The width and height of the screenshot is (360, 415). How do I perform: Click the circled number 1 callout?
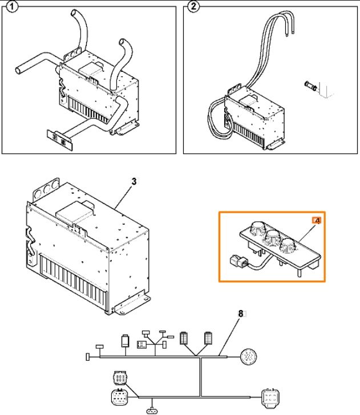tap(11, 6)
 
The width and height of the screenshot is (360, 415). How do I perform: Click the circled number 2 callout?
tap(193, 6)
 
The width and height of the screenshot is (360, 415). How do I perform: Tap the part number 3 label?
tap(134, 181)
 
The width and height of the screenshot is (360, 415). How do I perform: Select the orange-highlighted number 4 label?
tap(317, 220)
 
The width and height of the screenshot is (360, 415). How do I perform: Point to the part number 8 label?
tap(241, 314)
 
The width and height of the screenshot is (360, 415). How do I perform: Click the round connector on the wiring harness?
tap(248, 357)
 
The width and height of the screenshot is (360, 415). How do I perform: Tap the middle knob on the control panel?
tap(272, 237)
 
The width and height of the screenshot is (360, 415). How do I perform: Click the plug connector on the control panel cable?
tap(239, 262)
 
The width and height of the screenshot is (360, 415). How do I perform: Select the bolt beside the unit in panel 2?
tap(311, 86)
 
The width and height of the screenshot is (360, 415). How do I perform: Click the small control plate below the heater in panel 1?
tap(59, 140)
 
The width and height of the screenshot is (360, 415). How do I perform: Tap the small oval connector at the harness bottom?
tap(152, 411)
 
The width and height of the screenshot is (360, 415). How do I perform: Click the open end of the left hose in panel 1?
tap(18, 70)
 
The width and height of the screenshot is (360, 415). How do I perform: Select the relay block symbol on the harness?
tap(141, 344)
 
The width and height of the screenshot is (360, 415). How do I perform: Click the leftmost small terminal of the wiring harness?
tap(88, 357)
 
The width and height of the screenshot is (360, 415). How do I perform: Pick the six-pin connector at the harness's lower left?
tap(119, 378)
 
